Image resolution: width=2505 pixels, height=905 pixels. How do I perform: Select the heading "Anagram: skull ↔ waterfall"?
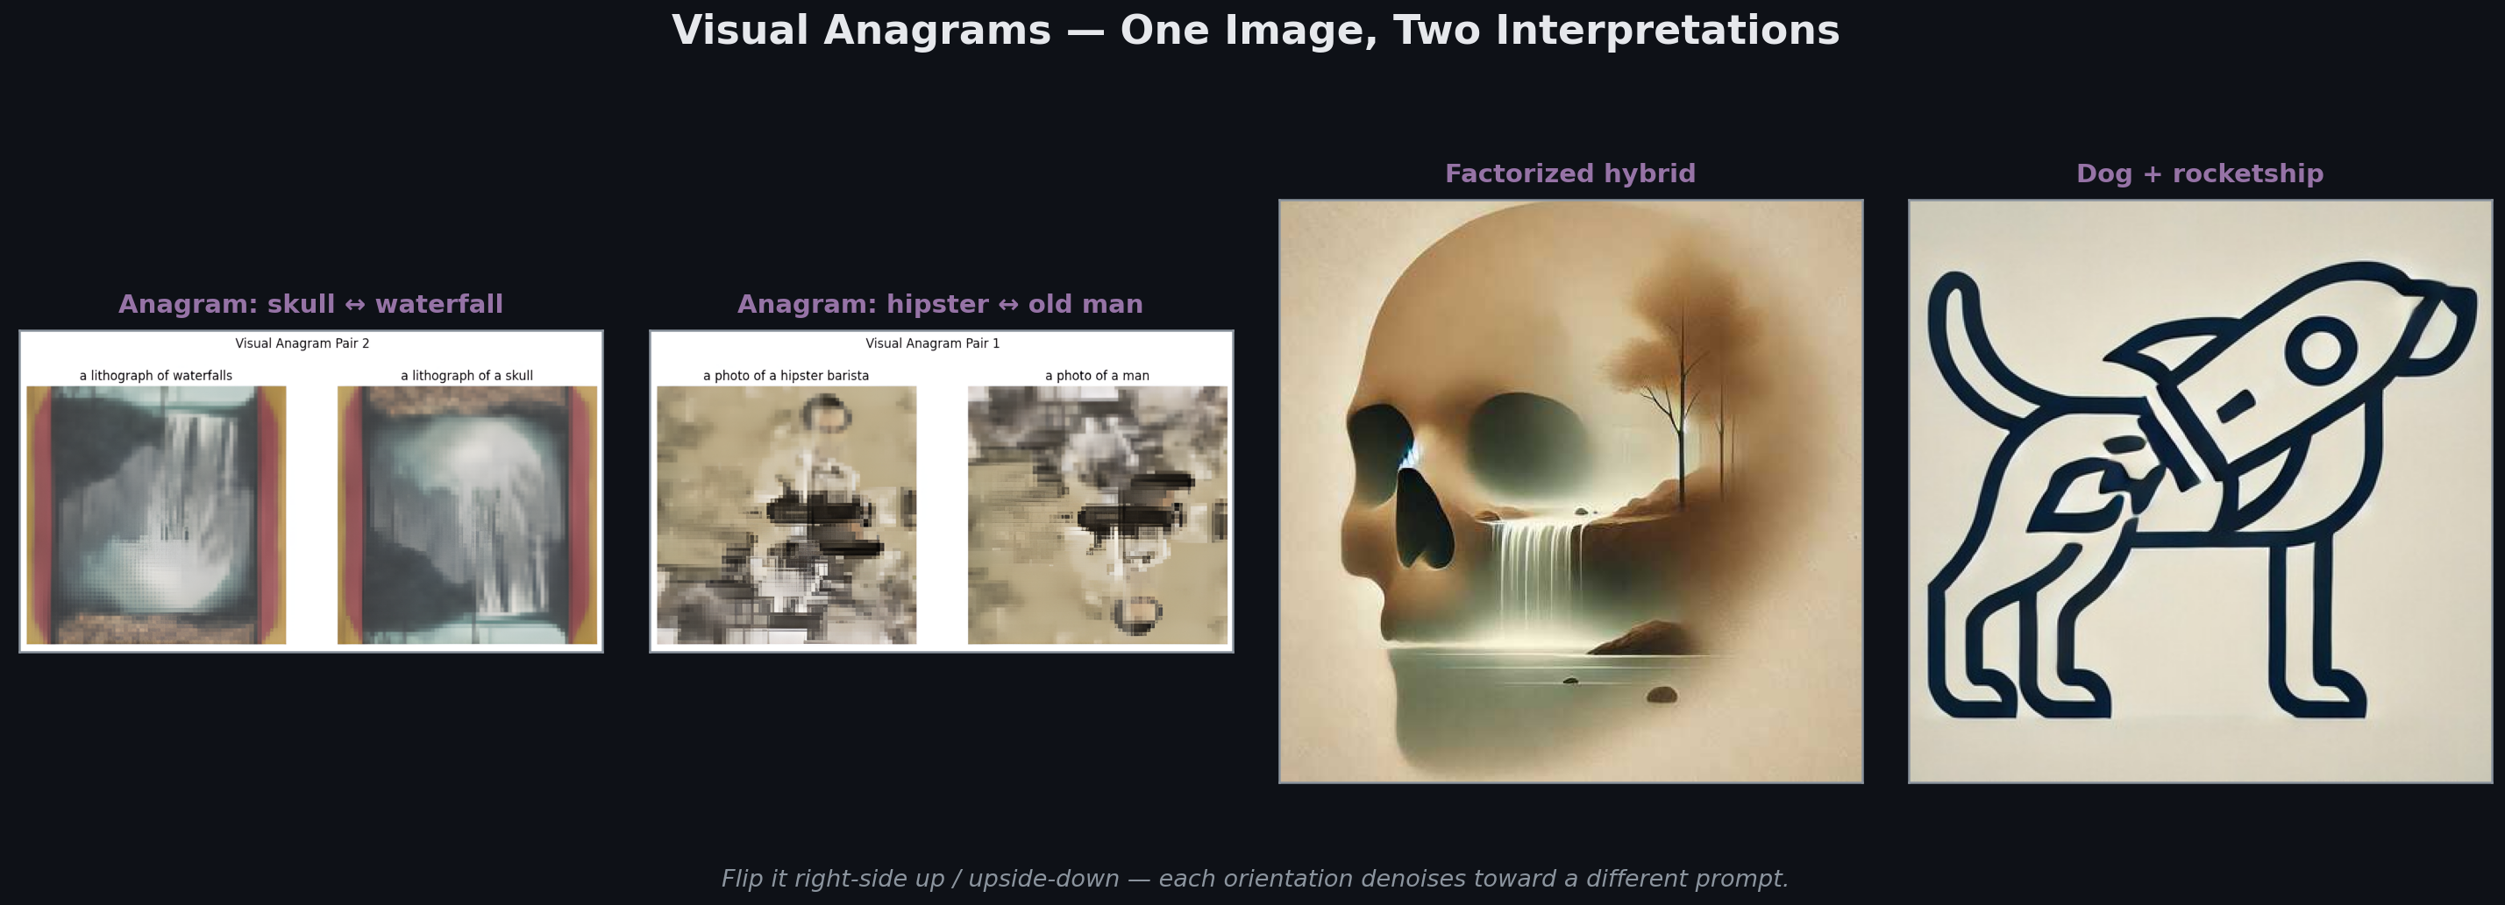(310, 304)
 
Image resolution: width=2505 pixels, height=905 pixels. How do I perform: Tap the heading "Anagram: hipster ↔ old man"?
(940, 304)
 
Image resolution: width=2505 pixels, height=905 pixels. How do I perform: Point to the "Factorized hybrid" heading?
(1569, 174)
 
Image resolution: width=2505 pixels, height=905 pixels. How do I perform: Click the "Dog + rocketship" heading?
(2200, 174)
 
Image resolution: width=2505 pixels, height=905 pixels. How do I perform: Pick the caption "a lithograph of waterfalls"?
(155, 375)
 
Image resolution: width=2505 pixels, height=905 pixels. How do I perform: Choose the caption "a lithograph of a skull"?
(466, 375)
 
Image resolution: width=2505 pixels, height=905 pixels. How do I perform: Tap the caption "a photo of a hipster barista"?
(786, 375)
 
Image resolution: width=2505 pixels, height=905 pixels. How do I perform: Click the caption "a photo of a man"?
(1097, 375)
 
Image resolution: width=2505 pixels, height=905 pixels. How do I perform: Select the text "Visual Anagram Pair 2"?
(302, 343)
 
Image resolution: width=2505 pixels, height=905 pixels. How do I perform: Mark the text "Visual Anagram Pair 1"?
(933, 343)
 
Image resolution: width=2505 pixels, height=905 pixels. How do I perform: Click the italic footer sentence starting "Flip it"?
(1255, 879)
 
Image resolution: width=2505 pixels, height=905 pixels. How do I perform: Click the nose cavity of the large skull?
(1423, 520)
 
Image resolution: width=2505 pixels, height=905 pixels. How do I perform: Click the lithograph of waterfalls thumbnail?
(155, 515)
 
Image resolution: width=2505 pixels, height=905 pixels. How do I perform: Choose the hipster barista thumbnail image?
(786, 515)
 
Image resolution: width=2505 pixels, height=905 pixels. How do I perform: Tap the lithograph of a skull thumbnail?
(466, 515)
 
